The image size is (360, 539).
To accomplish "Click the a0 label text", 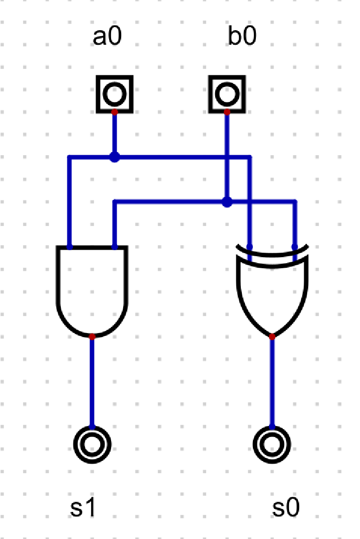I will tap(107, 38).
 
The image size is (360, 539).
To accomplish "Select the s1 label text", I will tap(82, 509).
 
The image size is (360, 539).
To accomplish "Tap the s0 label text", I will tap(286, 509).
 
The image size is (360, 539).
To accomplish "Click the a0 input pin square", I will tap(115, 93).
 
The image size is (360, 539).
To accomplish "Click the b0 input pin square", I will tap(227, 93).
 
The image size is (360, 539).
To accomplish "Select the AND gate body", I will tap(92, 291).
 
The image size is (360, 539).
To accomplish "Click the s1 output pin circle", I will tap(92, 444).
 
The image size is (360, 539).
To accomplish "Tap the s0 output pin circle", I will tap(272, 444).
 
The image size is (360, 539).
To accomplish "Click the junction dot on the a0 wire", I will tap(115, 158).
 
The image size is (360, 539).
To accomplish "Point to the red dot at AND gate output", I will tap(92, 337).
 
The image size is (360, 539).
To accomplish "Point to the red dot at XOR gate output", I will tap(272, 337).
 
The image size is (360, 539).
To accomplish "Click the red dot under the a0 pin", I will tap(115, 112).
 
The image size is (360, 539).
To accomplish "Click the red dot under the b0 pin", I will tap(227, 112).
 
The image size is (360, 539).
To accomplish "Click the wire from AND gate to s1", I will tap(92, 382).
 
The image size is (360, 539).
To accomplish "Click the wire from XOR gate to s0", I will tap(272, 382).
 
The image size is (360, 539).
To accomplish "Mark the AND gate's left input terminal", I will tap(70, 247).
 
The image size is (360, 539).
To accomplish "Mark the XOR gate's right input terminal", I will tap(295, 247).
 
